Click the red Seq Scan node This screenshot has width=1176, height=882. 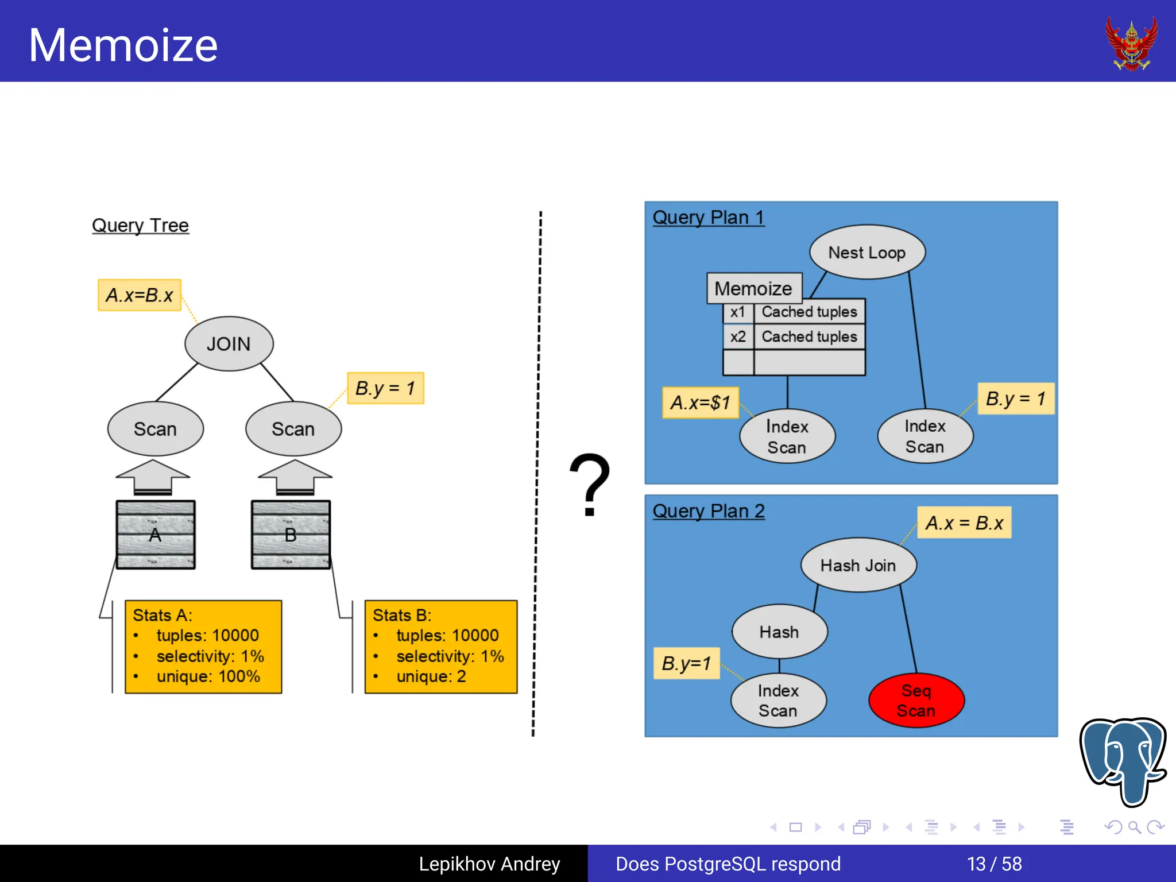pos(916,700)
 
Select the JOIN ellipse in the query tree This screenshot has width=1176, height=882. pos(229,343)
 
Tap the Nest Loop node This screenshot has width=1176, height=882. pos(866,252)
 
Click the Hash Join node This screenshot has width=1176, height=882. pos(858,565)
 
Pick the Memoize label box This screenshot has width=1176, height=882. pos(753,288)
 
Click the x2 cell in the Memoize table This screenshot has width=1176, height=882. pos(738,336)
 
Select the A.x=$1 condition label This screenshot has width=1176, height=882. pos(700,403)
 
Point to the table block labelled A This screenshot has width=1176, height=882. pos(155,535)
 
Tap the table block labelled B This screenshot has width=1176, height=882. pos(291,535)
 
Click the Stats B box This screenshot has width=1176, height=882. pos(440,647)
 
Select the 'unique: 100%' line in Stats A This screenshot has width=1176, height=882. pos(208,676)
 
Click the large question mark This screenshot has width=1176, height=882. pos(589,484)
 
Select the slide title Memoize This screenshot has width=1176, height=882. pos(123,45)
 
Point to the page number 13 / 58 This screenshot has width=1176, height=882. pos(994,864)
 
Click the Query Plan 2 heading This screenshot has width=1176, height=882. pos(708,510)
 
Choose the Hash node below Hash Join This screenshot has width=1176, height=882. pos(779,632)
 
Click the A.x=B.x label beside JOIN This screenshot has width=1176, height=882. pos(140,295)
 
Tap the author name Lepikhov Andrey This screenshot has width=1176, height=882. pos(489,864)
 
